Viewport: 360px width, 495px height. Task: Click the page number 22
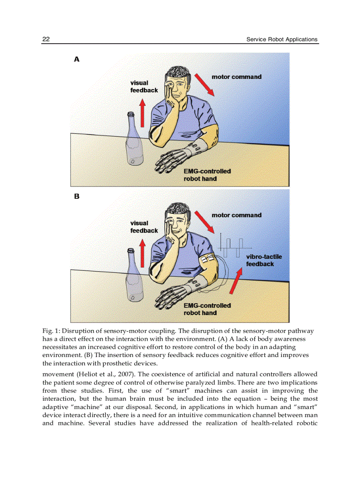[x=46, y=39]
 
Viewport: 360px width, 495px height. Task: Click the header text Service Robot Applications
[x=282, y=39]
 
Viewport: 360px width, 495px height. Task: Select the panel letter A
[x=77, y=59]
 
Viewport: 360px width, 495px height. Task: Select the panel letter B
[x=77, y=197]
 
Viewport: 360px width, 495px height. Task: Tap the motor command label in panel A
[x=236, y=77]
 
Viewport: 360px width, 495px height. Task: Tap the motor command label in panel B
[x=236, y=215]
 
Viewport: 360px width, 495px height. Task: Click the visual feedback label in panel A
[x=144, y=86]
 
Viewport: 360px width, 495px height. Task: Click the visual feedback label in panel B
[x=144, y=227]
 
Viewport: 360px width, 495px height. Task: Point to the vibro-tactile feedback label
[x=263, y=260]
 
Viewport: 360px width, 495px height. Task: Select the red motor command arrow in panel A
[x=205, y=85]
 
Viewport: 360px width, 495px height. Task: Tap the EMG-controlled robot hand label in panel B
[x=207, y=309]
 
